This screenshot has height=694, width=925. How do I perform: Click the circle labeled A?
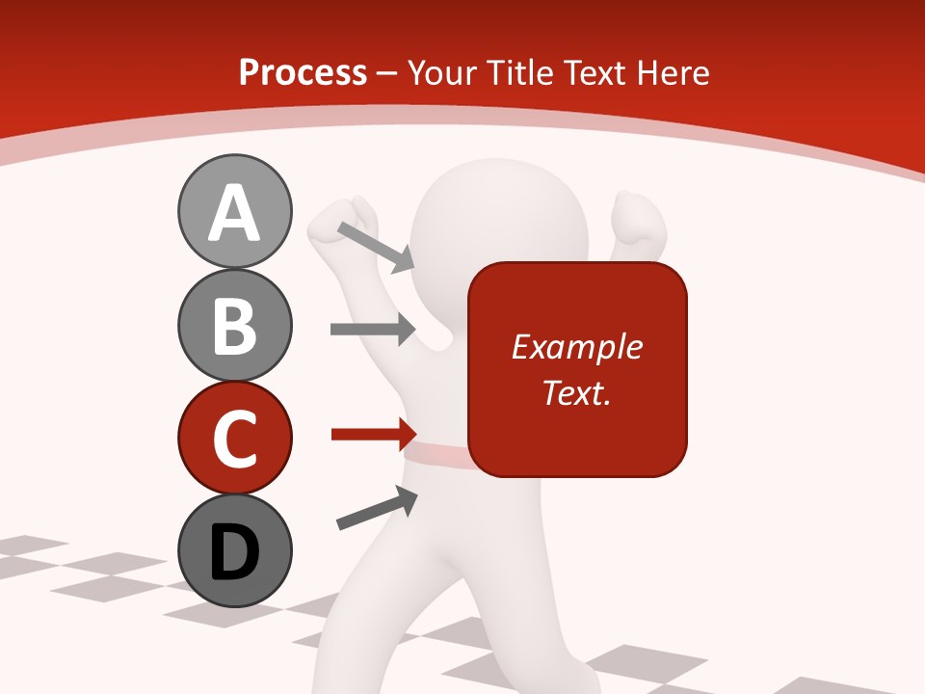[234, 212]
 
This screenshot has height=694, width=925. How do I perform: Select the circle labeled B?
[234, 325]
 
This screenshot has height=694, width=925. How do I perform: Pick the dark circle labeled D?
[234, 550]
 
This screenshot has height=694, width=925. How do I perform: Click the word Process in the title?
[303, 72]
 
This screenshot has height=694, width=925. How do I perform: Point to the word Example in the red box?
[577, 347]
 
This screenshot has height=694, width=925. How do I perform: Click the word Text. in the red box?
[577, 392]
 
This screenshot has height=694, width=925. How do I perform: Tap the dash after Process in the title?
[387, 73]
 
